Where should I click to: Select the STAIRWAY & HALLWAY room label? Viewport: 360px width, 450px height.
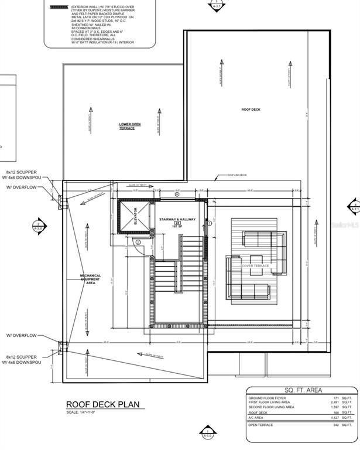coord(177,219)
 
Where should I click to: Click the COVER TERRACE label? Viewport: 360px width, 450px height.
coord(256,265)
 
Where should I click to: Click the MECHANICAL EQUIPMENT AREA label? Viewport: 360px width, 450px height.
coord(91,279)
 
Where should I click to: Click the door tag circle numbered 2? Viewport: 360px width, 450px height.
coord(138,242)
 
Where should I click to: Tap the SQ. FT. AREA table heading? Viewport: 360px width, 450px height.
coord(301,390)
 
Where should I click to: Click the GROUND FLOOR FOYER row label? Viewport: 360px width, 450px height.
coord(266,398)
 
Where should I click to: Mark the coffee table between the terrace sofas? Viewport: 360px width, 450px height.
coord(256,261)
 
